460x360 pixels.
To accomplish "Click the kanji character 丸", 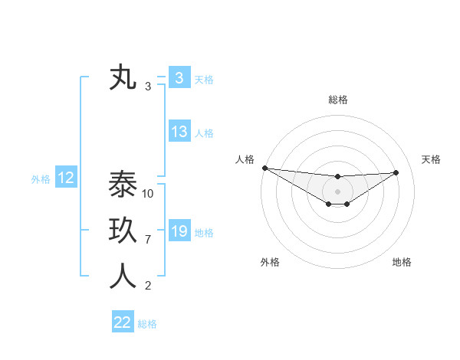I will tap(123, 78).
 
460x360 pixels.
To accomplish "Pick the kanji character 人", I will tap(123, 277).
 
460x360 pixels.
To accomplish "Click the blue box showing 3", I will tap(179, 78).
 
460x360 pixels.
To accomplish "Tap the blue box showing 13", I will tap(179, 132).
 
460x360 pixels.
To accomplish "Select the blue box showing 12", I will tap(66, 178).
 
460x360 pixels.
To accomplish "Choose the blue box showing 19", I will tap(179, 231).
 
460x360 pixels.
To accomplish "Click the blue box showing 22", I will tap(123, 322).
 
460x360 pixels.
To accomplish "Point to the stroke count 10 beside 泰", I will tap(149, 194).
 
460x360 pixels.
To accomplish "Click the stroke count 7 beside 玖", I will tap(148, 240).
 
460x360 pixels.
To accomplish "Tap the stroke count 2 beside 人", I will tap(148, 286).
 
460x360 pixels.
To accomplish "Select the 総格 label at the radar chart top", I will tap(338, 100).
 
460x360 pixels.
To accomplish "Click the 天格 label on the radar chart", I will tap(431, 159).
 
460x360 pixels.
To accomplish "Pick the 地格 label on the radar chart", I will tap(402, 262).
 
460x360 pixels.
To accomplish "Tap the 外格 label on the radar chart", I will tap(270, 262).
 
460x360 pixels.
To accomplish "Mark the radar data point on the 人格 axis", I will tap(264, 168).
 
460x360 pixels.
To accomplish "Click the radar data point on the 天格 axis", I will tap(396, 172).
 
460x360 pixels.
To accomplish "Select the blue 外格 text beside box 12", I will tap(41, 179).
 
